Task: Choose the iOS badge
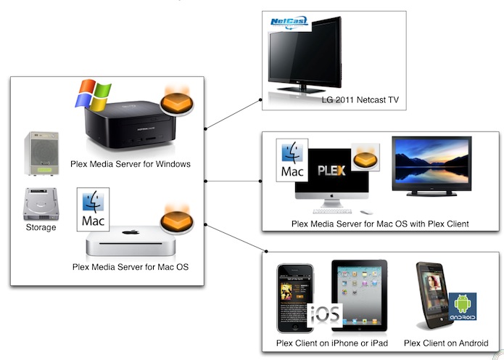[x=324, y=316]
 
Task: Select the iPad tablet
[x=360, y=295]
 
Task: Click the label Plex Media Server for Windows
[x=131, y=164]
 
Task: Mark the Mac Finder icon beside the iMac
[x=293, y=160]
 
